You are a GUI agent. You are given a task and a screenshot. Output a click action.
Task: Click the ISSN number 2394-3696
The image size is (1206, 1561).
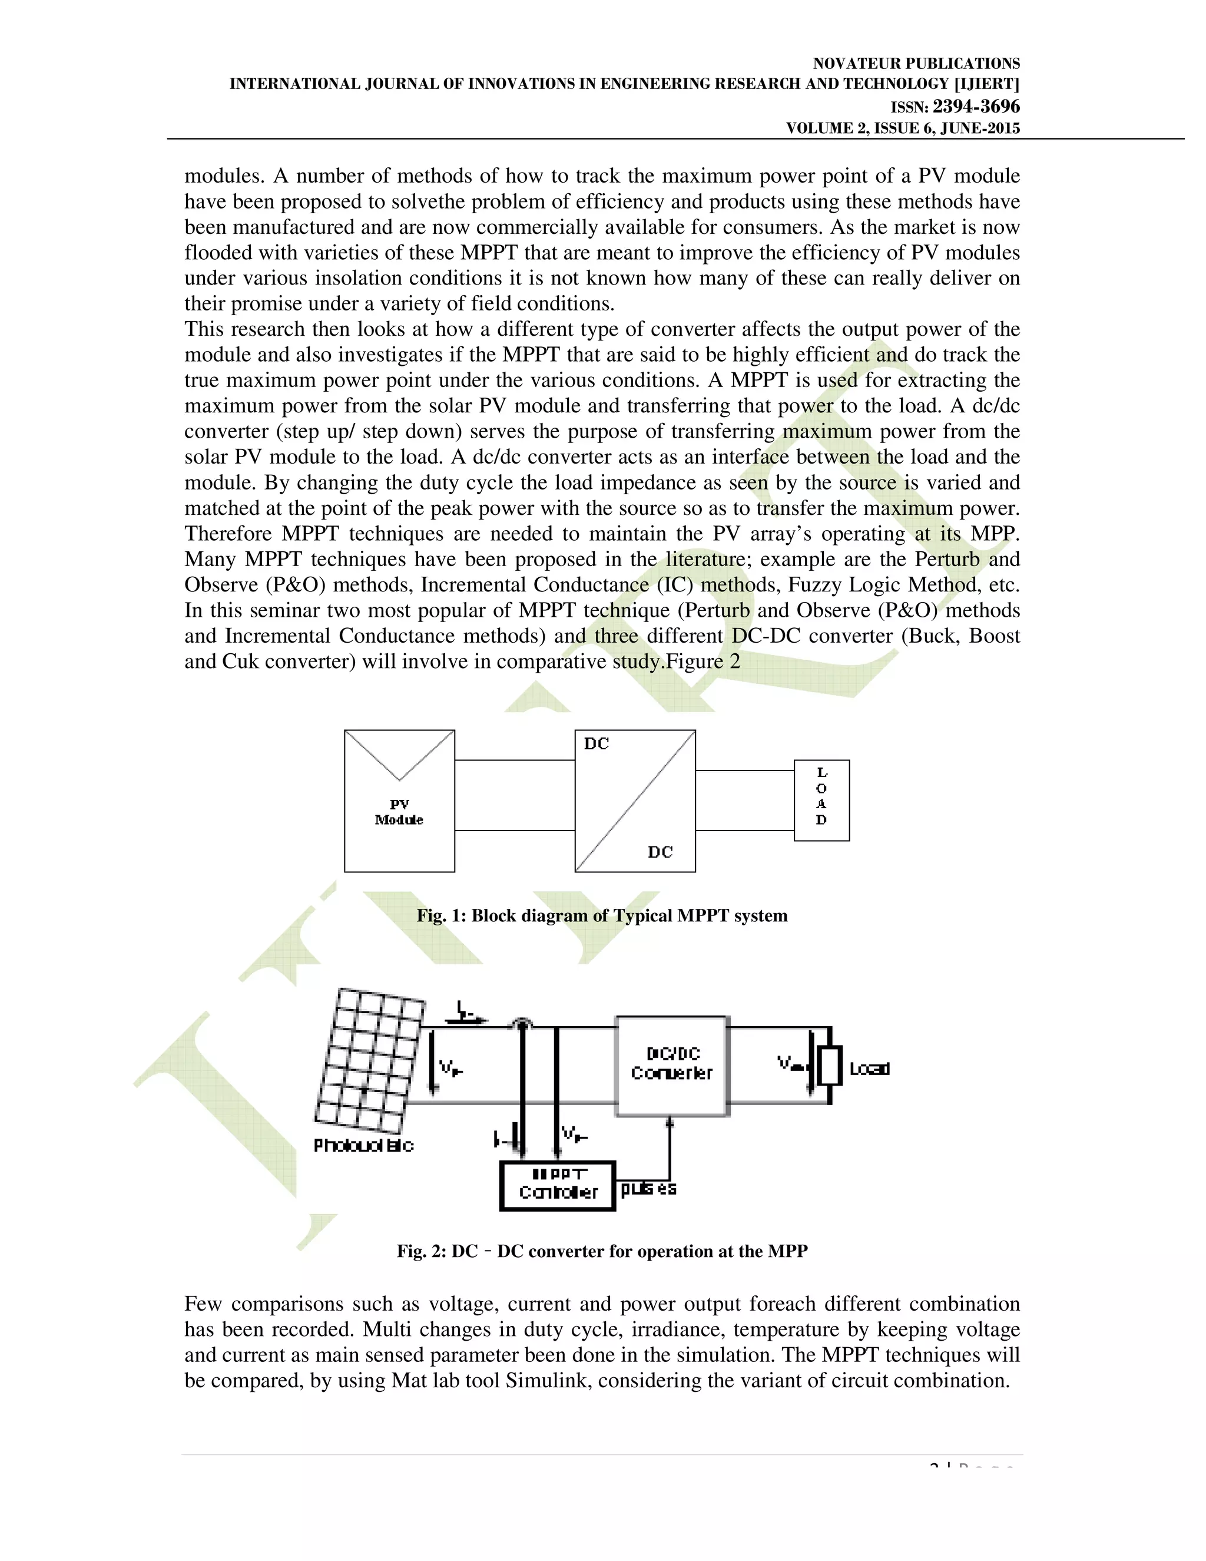point(976,107)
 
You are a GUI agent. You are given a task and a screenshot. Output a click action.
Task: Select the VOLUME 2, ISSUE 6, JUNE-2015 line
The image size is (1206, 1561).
point(902,128)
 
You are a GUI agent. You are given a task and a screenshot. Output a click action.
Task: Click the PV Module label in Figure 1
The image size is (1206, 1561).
point(399,812)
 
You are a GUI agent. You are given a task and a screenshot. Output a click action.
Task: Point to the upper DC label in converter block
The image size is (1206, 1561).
point(597,744)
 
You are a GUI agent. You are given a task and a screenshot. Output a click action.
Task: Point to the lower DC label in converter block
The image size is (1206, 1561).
point(660,852)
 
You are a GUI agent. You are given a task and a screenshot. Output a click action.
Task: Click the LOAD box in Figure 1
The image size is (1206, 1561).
point(821,800)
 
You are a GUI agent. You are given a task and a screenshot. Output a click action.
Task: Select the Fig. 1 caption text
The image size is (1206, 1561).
point(602,915)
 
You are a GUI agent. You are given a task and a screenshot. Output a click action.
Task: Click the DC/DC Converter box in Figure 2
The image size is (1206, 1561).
point(671,1065)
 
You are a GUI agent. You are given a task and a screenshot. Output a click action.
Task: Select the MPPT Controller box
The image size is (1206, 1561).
point(557,1186)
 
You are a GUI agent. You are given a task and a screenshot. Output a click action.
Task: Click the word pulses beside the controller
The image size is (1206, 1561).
point(648,1189)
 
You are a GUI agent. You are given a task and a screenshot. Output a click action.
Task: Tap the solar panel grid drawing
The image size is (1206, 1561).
point(370,1060)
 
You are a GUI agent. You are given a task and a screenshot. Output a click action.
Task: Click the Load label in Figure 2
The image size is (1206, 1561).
point(869,1069)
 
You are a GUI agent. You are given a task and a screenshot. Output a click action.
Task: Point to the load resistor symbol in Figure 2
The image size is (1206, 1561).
point(830,1066)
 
